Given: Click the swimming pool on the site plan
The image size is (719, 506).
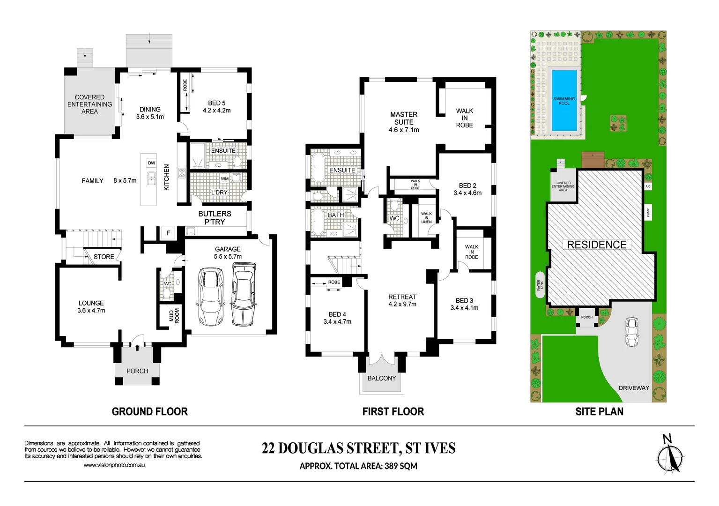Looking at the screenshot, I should coord(564,101).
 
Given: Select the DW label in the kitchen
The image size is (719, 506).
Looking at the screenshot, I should coord(151,163).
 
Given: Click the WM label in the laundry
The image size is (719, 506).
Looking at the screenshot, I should coord(225,179).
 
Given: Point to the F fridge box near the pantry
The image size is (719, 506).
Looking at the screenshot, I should coord(168,233).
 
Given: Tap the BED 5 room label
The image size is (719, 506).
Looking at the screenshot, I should coord(216,106).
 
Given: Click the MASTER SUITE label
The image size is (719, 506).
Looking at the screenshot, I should coord(403,118).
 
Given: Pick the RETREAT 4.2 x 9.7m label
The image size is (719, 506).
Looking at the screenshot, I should coord(402,300).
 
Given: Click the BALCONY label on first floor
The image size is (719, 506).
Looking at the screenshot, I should coord(381,378).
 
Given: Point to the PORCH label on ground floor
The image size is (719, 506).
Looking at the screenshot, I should coord(137,371).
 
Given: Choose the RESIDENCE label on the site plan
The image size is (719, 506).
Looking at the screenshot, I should coord(597,245).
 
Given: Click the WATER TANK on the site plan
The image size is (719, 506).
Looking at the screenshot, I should coord(540,284).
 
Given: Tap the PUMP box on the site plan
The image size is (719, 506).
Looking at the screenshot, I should coord(648,212).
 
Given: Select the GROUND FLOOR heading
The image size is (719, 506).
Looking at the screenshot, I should coord(149,411).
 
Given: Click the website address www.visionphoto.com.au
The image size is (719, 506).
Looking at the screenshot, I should coord(114,465).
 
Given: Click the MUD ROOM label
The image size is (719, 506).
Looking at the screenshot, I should coord(174,316).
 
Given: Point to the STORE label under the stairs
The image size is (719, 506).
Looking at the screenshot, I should coord(104,257).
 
